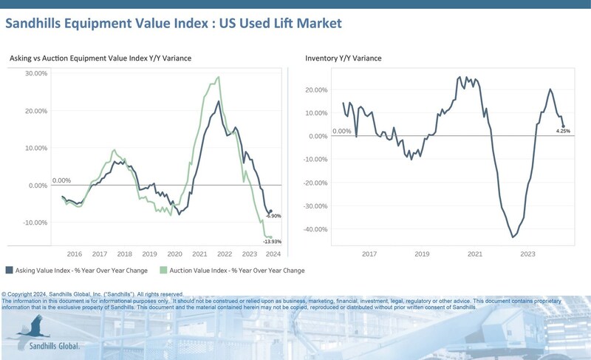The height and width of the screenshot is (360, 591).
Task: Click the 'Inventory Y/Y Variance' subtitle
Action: tap(344, 58)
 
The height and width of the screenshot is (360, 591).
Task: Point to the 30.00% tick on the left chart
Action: tap(35, 74)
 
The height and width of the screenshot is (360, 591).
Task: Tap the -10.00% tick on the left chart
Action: tap(34, 223)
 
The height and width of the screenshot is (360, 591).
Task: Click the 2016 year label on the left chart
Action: tap(75, 254)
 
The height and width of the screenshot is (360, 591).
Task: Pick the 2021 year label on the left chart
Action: tap(199, 254)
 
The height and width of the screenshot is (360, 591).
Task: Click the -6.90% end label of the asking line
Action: tap(273, 216)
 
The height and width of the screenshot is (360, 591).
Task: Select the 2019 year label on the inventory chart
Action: tap(422, 254)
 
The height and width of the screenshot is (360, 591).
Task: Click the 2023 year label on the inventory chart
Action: tap(528, 254)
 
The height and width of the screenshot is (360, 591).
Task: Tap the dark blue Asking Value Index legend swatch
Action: tap(9, 271)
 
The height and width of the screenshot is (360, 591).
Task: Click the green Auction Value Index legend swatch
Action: tap(166, 271)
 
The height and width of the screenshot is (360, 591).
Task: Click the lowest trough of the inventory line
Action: tap(513, 237)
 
